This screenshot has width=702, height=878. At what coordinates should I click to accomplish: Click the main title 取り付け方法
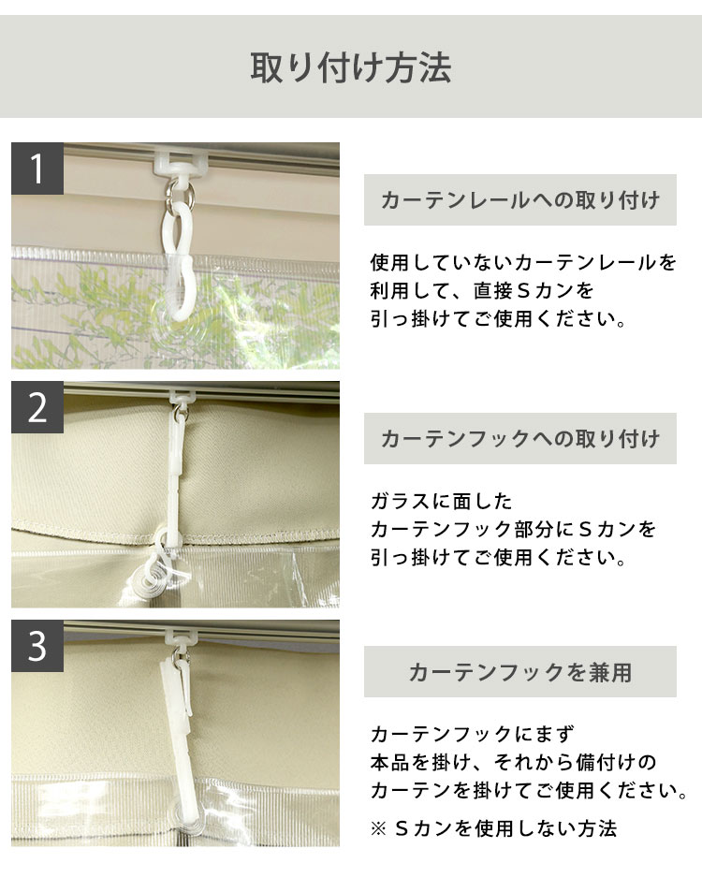point(351,67)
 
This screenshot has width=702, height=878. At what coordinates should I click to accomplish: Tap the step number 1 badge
point(37,168)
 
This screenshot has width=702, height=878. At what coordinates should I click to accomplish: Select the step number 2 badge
point(37,408)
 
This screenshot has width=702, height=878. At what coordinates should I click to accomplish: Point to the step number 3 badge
point(37,646)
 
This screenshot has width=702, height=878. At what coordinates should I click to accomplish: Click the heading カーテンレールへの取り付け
point(520,200)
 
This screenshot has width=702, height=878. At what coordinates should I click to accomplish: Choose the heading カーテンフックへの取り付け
point(520,438)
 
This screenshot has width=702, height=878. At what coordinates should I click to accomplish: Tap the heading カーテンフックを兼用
point(520,672)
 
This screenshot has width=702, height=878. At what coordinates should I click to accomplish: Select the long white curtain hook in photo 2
point(175,470)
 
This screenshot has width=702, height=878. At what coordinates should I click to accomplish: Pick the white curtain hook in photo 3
point(181,728)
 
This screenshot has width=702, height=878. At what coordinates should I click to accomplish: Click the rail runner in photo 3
point(181,637)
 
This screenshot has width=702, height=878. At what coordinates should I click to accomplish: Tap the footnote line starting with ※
point(493,828)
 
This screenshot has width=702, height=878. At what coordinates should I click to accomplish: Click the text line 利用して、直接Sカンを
point(481,290)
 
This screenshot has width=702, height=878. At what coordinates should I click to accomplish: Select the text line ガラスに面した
point(441,501)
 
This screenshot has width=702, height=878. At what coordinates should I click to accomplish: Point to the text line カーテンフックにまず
point(472,734)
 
